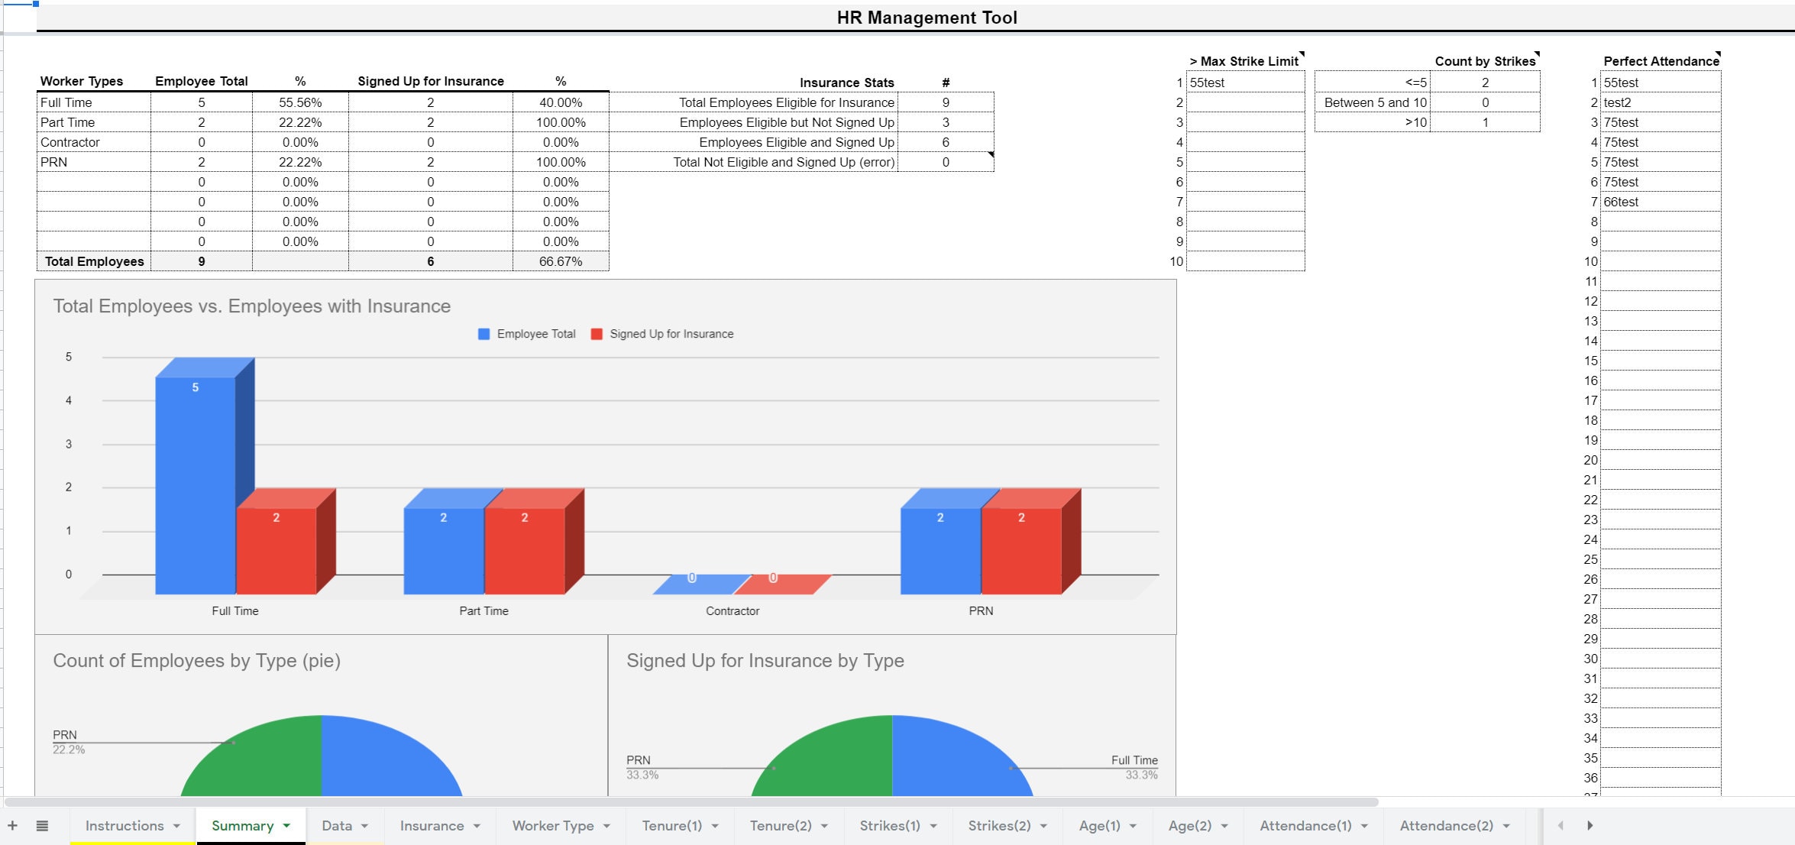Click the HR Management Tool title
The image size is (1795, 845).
927,18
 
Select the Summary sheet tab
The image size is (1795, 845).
242,825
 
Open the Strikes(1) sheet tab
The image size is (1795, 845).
890,825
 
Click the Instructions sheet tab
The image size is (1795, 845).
125,825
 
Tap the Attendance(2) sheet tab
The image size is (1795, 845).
1446,825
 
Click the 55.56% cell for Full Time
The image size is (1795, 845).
300,102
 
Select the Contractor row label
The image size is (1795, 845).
70,142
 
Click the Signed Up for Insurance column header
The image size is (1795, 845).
431,81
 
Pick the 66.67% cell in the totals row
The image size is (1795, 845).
561,261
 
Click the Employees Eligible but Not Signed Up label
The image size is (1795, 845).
787,122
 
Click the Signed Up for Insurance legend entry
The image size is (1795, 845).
671,334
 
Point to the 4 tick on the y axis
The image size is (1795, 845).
69,400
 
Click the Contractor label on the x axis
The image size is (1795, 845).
733,610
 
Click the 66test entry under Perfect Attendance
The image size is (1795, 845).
1621,202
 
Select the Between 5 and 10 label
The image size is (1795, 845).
1375,102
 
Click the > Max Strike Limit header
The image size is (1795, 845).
1244,61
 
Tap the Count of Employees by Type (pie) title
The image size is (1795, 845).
196,660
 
